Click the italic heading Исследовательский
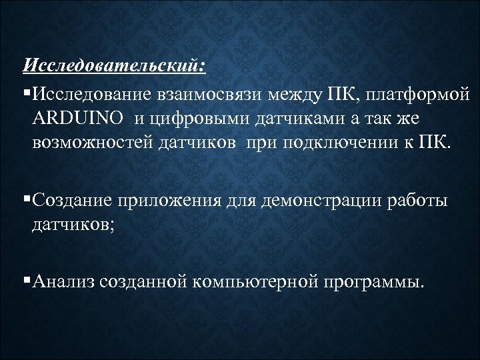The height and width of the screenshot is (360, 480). tap(115, 65)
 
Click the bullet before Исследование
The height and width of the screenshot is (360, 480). tap(26, 91)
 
